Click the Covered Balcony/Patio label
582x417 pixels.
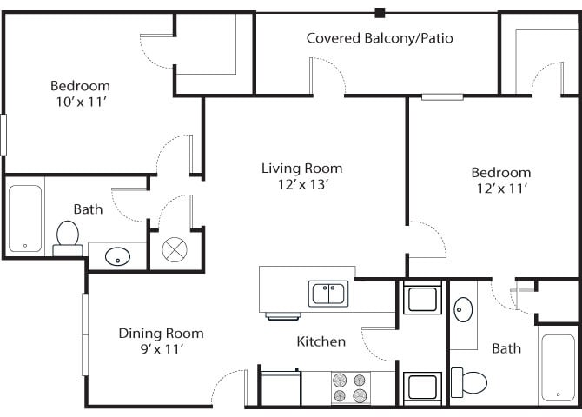point(380,38)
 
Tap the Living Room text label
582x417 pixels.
point(301,168)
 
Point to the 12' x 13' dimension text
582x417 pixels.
point(301,184)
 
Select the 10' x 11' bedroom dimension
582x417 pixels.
point(80,102)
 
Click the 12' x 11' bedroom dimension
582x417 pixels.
point(500,188)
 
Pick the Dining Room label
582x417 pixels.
point(161,333)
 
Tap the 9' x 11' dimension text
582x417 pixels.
point(161,349)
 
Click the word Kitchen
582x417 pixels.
point(321,341)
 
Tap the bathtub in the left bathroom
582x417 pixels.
point(25,218)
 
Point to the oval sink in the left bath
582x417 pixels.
point(116,256)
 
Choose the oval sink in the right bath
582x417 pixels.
point(463,309)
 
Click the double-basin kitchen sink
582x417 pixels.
point(329,295)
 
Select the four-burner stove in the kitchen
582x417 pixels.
point(350,387)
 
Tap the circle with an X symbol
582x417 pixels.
point(175,249)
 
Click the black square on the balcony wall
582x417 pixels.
point(380,12)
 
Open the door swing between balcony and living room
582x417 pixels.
point(327,76)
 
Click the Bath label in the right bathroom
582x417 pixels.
point(506,348)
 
